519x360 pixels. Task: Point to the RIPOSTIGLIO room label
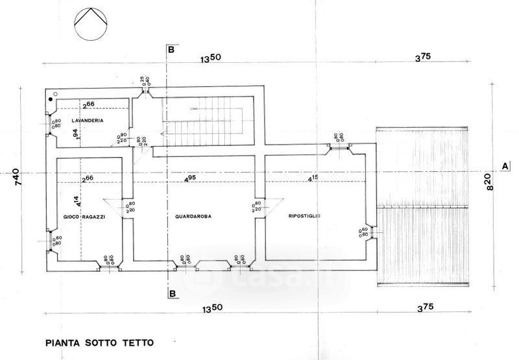click(x=304, y=215)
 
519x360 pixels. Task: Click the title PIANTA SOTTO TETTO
click(x=101, y=339)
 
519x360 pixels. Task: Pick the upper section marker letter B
click(x=171, y=49)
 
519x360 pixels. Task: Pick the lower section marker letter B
click(x=172, y=293)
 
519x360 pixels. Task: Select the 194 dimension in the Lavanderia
click(x=76, y=134)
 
